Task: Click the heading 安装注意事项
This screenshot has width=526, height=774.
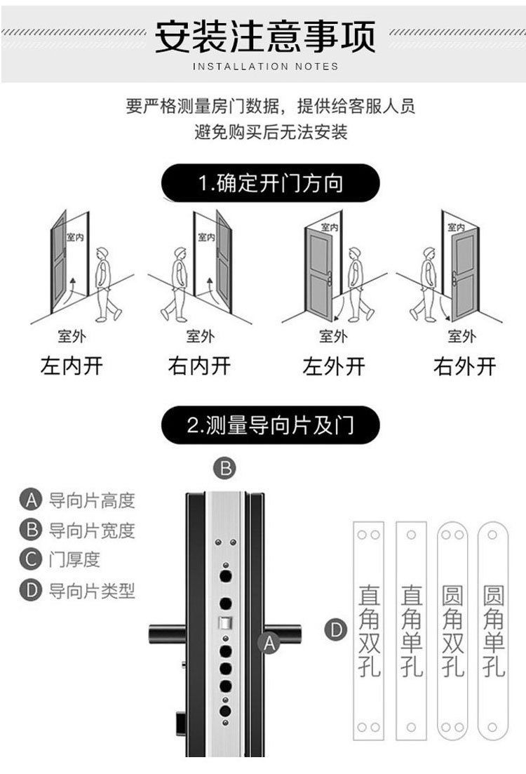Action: [x=264, y=36]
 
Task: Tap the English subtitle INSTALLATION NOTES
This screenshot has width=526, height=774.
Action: [x=264, y=67]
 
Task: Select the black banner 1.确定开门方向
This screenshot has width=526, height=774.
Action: [x=270, y=184]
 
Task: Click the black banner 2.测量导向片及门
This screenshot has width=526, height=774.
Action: [x=270, y=425]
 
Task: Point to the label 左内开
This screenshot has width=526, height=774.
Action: [x=72, y=366]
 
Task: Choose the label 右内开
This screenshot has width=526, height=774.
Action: [x=199, y=366]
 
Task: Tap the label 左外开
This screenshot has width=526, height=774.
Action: [x=334, y=366]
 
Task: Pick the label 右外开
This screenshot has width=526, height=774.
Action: [x=464, y=366]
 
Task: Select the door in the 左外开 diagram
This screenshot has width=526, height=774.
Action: [x=320, y=267]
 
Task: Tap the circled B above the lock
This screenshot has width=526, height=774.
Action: [x=224, y=468]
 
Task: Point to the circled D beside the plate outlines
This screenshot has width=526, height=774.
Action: [x=337, y=630]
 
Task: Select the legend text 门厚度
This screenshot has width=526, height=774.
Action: [x=74, y=559]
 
